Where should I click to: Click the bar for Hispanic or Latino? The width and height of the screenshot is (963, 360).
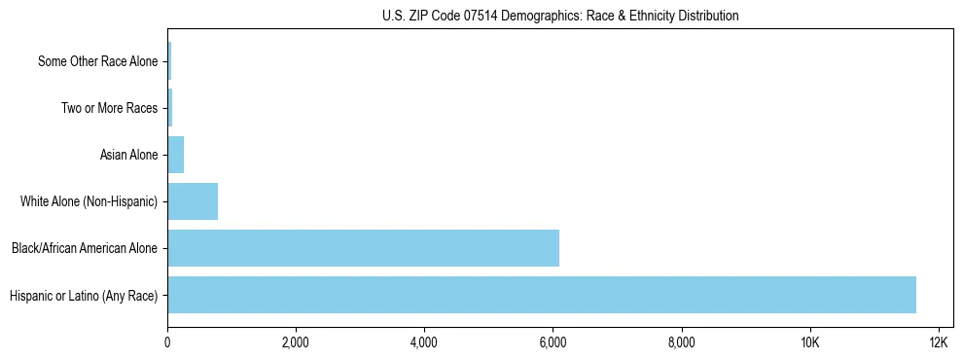tap(542, 295)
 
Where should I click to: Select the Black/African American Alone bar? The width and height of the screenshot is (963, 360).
tap(363, 248)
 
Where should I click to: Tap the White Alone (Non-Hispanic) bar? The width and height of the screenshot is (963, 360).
tap(193, 201)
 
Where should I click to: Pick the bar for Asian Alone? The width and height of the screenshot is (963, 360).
tap(176, 155)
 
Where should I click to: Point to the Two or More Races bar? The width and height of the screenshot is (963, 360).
tap(170, 108)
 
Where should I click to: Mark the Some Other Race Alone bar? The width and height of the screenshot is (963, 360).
tap(169, 61)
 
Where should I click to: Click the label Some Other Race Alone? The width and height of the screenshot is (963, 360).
tap(97, 61)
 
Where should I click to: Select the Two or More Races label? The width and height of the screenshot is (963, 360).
tap(109, 108)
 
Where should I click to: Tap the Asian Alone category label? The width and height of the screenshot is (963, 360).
tap(128, 155)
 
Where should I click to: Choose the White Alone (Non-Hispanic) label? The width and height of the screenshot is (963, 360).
tap(89, 201)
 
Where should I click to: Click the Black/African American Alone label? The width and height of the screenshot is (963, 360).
tap(84, 248)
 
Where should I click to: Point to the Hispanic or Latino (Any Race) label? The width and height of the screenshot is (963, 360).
tap(83, 295)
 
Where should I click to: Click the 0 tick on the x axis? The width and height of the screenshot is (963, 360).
tap(167, 343)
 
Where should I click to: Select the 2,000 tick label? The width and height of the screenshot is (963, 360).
tap(296, 343)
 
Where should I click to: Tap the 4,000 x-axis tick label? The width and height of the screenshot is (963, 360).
tap(424, 343)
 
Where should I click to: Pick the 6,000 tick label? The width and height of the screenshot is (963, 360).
tap(553, 343)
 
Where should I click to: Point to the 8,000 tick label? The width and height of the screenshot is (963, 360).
tap(682, 343)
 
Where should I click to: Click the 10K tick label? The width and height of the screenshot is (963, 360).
tap(810, 343)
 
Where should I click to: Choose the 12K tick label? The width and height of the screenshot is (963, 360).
tap(939, 343)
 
